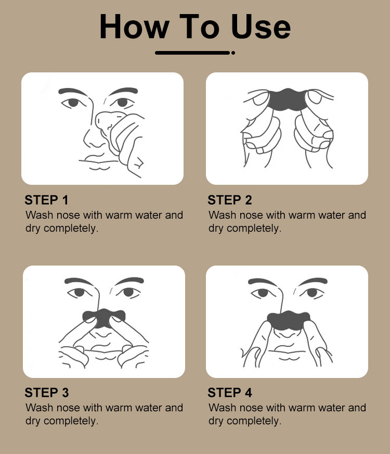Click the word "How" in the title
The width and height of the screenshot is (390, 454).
(134, 27)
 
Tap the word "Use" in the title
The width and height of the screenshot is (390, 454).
(261, 27)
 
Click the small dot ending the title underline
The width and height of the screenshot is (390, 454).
(233, 53)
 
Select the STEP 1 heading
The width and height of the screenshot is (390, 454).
(47, 200)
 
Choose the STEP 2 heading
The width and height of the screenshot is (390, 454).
(230, 200)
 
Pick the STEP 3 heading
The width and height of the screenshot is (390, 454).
(47, 393)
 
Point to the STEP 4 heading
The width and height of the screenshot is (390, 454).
(230, 393)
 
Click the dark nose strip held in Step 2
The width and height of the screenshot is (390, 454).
(287, 100)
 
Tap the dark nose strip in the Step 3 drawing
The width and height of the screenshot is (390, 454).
(104, 318)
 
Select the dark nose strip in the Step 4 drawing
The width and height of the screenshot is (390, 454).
(288, 320)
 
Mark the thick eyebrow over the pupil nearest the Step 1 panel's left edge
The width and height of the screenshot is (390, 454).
(73, 92)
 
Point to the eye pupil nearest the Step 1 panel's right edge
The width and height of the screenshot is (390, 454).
(122, 102)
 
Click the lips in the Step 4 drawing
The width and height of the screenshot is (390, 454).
(287, 355)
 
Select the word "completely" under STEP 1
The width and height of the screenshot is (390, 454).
(71, 229)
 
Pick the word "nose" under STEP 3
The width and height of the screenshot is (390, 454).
(68, 408)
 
